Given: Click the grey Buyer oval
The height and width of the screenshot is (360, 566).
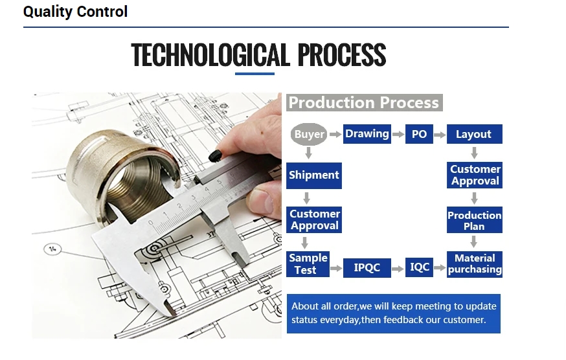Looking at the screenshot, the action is coord(309,134).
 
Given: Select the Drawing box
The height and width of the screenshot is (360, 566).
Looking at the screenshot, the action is coord(367,134).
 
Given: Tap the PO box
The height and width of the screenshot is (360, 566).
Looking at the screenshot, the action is coord(419,134).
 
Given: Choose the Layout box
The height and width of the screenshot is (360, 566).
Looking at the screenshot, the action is coord(474,134).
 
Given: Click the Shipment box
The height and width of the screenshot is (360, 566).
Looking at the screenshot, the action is coord(314,175).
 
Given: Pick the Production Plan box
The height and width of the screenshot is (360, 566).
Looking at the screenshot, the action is coord(474,220).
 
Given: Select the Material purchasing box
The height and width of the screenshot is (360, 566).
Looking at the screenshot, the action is coord(474,264).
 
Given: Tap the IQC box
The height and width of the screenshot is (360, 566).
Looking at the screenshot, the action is coord(419,267).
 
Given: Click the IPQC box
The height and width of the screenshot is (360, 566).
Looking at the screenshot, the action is coord(367,268).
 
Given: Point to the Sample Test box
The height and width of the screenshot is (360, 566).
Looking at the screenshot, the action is coord(308,264).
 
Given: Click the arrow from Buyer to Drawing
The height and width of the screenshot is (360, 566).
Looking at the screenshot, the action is coord(335,134).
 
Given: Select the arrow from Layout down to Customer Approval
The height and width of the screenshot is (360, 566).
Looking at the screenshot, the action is coord(474,153).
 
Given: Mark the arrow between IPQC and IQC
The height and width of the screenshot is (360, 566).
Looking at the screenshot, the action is coord(398,269).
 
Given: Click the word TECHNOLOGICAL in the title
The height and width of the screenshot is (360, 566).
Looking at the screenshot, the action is coord(210,55).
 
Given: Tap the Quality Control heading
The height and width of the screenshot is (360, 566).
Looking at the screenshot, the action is coord(75,12).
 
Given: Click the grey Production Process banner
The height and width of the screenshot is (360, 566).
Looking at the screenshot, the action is coord(364,102).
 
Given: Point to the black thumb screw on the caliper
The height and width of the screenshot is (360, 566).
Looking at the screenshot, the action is coord(215,156).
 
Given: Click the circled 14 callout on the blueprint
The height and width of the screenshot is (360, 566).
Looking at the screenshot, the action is coord(52,249).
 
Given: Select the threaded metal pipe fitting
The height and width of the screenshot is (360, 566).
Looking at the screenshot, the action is coord(124,177).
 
